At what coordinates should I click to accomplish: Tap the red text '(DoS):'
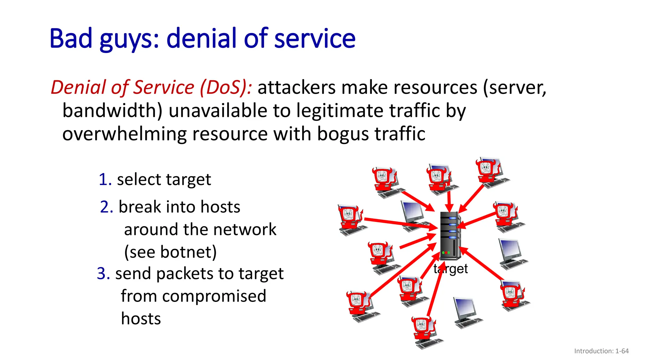(x=226, y=87)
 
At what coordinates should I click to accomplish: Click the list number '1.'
(x=105, y=180)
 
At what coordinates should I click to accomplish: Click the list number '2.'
(x=107, y=207)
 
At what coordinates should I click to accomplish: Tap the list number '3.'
(x=103, y=274)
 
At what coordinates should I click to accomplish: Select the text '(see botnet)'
(x=170, y=252)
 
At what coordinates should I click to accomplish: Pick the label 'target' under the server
(x=450, y=269)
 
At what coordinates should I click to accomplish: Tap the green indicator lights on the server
(x=446, y=252)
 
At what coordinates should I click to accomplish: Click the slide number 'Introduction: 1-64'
(x=601, y=351)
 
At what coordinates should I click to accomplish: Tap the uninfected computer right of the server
(x=512, y=254)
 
